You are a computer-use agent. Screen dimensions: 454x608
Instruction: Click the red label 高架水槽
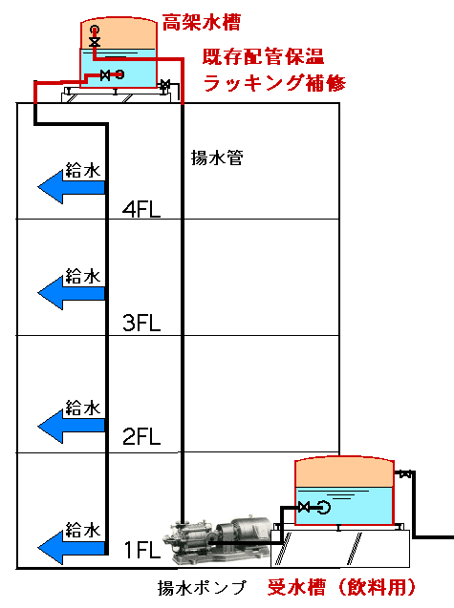pyautogui.click(x=201, y=23)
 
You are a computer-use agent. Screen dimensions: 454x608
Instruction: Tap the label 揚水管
pyautogui.click(x=217, y=157)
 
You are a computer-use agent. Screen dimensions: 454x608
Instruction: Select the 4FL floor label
pyautogui.click(x=141, y=210)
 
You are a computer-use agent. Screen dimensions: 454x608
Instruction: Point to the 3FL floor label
pyautogui.click(x=141, y=323)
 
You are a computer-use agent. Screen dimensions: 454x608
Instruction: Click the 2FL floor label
pyautogui.click(x=141, y=436)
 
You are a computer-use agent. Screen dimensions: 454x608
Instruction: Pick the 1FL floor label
pyautogui.click(x=142, y=550)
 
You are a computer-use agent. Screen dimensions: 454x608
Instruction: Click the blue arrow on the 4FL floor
pyautogui.click(x=72, y=187)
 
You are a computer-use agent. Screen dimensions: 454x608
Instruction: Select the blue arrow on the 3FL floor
pyautogui.click(x=72, y=294)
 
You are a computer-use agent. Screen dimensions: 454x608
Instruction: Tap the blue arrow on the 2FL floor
pyautogui.click(x=72, y=427)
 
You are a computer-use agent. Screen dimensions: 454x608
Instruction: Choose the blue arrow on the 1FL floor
pyautogui.click(x=72, y=548)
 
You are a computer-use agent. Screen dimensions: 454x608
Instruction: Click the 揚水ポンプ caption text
pyautogui.click(x=202, y=587)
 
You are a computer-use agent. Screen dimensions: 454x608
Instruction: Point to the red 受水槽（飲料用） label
pyautogui.click(x=341, y=587)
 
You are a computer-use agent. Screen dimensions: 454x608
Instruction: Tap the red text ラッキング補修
pyautogui.click(x=274, y=83)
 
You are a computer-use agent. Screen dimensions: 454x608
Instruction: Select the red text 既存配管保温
pyautogui.click(x=263, y=57)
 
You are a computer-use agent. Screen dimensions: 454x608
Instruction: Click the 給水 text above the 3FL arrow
pyautogui.click(x=83, y=276)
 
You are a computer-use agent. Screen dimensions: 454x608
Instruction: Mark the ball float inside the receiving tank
pyautogui.click(x=324, y=507)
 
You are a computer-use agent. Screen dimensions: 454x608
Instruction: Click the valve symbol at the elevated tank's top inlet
pyautogui.click(x=95, y=41)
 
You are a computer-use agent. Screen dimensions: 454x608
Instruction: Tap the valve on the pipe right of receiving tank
pyautogui.click(x=405, y=473)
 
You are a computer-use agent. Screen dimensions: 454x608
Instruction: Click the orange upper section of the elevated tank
pyautogui.click(x=119, y=34)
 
